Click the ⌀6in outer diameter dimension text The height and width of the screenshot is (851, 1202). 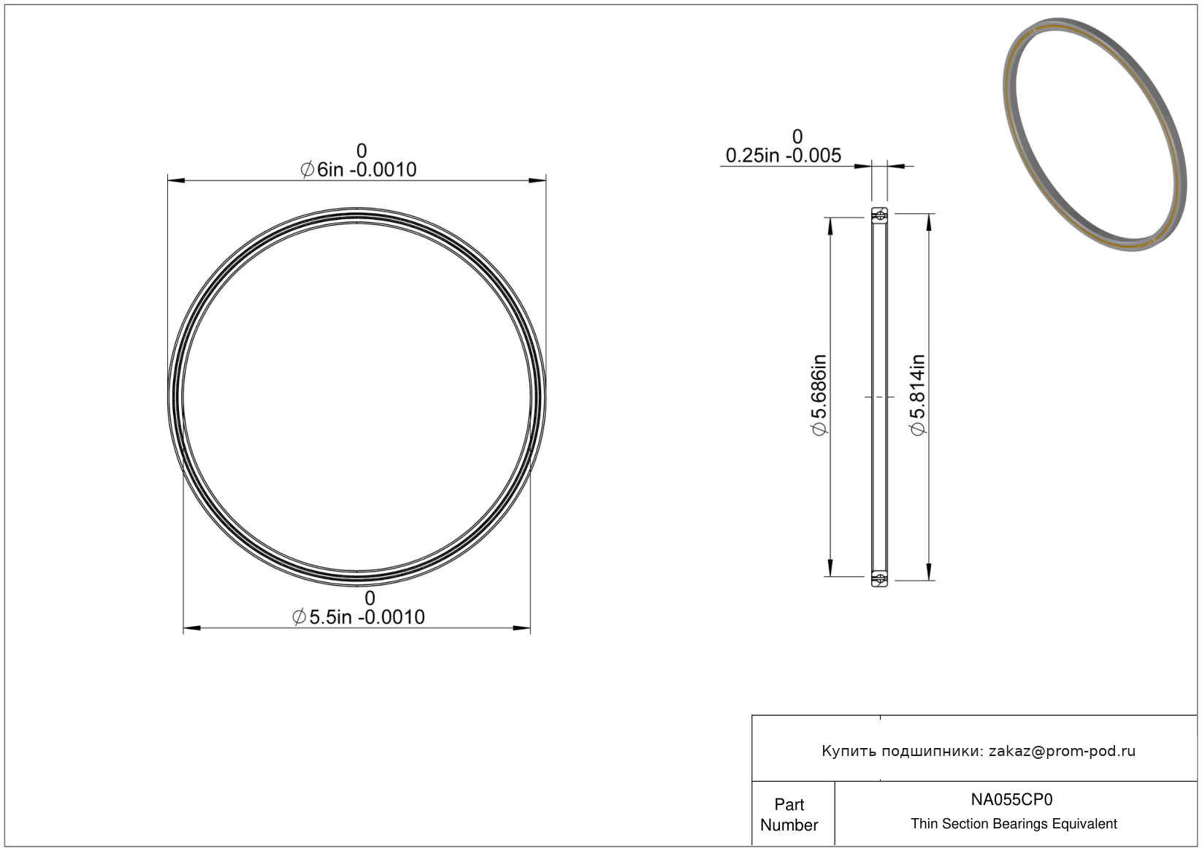[x=359, y=169]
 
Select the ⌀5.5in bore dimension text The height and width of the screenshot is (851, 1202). [x=359, y=617]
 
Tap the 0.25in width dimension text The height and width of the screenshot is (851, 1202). [x=784, y=156]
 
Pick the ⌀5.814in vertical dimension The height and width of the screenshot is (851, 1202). [x=918, y=395]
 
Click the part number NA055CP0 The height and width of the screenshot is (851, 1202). [x=1011, y=799]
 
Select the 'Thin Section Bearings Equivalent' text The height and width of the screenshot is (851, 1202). [x=1014, y=823]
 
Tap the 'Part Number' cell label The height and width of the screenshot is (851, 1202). [x=789, y=814]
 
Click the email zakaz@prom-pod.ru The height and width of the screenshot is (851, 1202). [x=1062, y=751]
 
